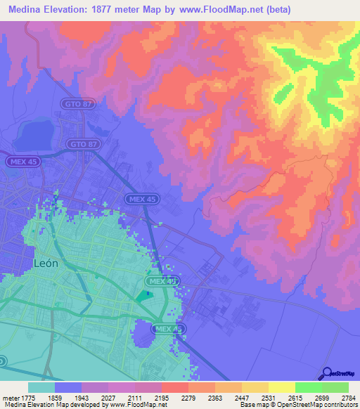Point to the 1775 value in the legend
coord(26,397)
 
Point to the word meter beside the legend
coord(10,397)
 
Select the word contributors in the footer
coord(338,405)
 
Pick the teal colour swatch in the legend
coord(41,387)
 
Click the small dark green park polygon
coord(144,296)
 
